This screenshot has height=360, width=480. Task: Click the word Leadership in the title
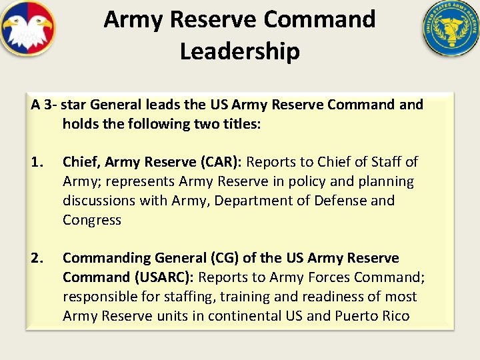(239, 51)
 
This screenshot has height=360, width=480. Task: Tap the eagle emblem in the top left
(28, 29)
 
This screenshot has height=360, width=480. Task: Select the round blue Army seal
(451, 29)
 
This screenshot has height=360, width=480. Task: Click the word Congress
(92, 220)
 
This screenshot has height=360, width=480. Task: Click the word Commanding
(107, 258)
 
